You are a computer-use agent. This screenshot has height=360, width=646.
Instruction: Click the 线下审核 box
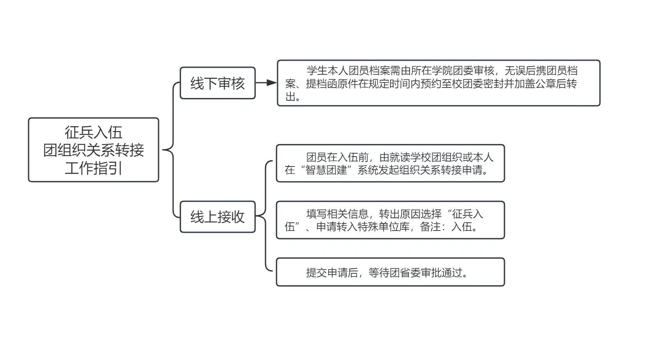[217, 83]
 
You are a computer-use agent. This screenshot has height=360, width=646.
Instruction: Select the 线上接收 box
[217, 217]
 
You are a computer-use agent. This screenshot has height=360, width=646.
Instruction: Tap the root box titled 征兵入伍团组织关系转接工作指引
[93, 150]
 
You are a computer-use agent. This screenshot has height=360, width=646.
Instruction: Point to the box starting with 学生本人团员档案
[438, 83]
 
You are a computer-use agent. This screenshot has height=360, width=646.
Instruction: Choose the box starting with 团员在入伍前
[390, 163]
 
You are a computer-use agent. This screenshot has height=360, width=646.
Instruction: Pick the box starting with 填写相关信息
[390, 220]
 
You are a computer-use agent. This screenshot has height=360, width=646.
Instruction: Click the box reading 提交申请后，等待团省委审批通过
[390, 272]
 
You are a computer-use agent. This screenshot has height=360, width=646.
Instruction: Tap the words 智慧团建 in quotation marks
[327, 170]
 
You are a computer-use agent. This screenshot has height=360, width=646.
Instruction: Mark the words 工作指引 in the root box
[93, 168]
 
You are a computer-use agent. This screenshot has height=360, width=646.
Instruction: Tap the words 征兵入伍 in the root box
[93, 132]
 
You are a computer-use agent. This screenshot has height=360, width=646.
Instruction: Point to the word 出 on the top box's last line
[290, 97]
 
